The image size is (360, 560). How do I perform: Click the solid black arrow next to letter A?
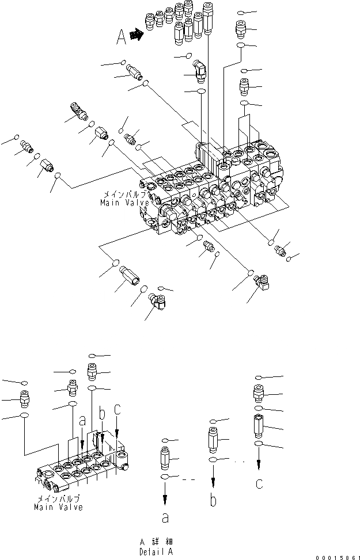(x=137, y=35)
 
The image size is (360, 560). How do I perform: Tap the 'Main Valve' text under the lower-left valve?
(x=58, y=507)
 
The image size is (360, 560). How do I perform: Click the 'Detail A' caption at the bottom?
(x=156, y=551)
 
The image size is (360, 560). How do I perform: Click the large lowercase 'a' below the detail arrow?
(x=165, y=518)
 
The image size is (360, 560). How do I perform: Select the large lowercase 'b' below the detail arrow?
(x=213, y=500)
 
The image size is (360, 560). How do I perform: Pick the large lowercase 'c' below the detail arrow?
(x=259, y=483)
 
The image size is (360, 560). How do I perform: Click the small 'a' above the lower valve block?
(x=82, y=421)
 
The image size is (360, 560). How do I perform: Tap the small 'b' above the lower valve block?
(x=101, y=413)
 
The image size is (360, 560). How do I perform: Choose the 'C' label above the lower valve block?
(x=117, y=409)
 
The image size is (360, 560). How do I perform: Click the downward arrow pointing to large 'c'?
(x=259, y=460)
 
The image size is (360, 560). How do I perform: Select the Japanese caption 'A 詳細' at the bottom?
(x=156, y=542)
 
